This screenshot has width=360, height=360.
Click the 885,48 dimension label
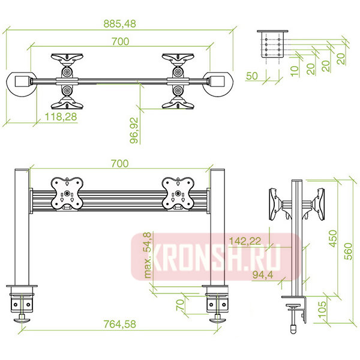tap(119, 23)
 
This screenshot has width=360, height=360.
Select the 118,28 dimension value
tap(61, 116)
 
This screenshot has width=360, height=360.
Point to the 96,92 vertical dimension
tap(134, 130)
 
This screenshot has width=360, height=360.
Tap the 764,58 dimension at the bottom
tap(119, 324)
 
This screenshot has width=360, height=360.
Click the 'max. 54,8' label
tap(148, 256)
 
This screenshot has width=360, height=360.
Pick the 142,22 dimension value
tap(245, 241)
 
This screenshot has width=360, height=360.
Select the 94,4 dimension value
tap(263, 274)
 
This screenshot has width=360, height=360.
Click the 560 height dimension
tap(348, 251)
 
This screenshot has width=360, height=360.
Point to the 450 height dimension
tap(333, 239)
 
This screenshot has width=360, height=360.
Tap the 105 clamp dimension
tap(322, 309)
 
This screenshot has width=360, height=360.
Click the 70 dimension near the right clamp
tap(181, 305)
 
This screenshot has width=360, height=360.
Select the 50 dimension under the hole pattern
tap(252, 76)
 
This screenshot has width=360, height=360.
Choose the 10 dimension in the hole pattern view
tap(295, 71)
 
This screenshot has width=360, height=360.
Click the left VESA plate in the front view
tap(67, 194)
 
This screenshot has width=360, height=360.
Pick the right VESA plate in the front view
tap(178, 194)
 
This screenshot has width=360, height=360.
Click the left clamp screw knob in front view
tap(22, 320)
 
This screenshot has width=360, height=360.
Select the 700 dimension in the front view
tap(119, 164)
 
